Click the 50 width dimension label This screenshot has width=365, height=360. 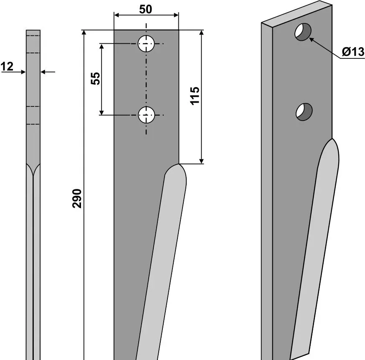(x=145, y=9)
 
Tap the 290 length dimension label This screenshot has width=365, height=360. (x=77, y=199)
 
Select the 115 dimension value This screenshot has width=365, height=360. (x=195, y=96)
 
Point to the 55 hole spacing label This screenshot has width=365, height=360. (x=95, y=78)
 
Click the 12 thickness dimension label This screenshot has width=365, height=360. (x=7, y=67)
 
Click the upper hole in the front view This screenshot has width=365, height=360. (x=146, y=44)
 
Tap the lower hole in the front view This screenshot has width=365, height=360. (x=147, y=115)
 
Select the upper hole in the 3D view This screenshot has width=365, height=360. (x=303, y=32)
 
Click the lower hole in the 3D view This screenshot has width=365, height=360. (x=304, y=112)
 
